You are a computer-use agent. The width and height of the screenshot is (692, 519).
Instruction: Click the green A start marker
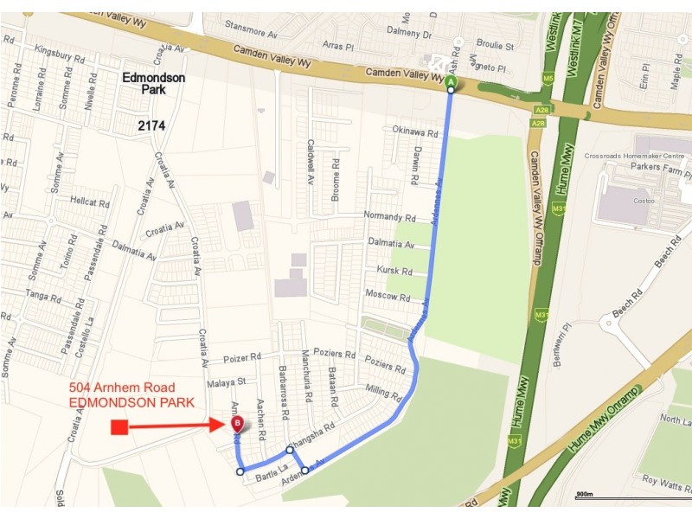coord(450,82)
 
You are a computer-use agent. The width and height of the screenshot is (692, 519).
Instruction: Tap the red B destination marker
coord(237,424)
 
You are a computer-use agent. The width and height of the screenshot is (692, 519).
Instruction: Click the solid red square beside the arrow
coord(119,426)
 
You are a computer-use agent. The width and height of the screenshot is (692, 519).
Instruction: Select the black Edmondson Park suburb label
coord(153,84)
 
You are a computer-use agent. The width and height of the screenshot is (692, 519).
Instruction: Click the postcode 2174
coord(151,126)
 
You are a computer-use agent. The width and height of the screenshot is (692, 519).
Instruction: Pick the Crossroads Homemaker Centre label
coord(637,156)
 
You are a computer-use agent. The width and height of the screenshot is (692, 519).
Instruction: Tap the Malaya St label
coord(227,381)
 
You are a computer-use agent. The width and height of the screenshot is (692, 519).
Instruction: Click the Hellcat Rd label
coord(90,203)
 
